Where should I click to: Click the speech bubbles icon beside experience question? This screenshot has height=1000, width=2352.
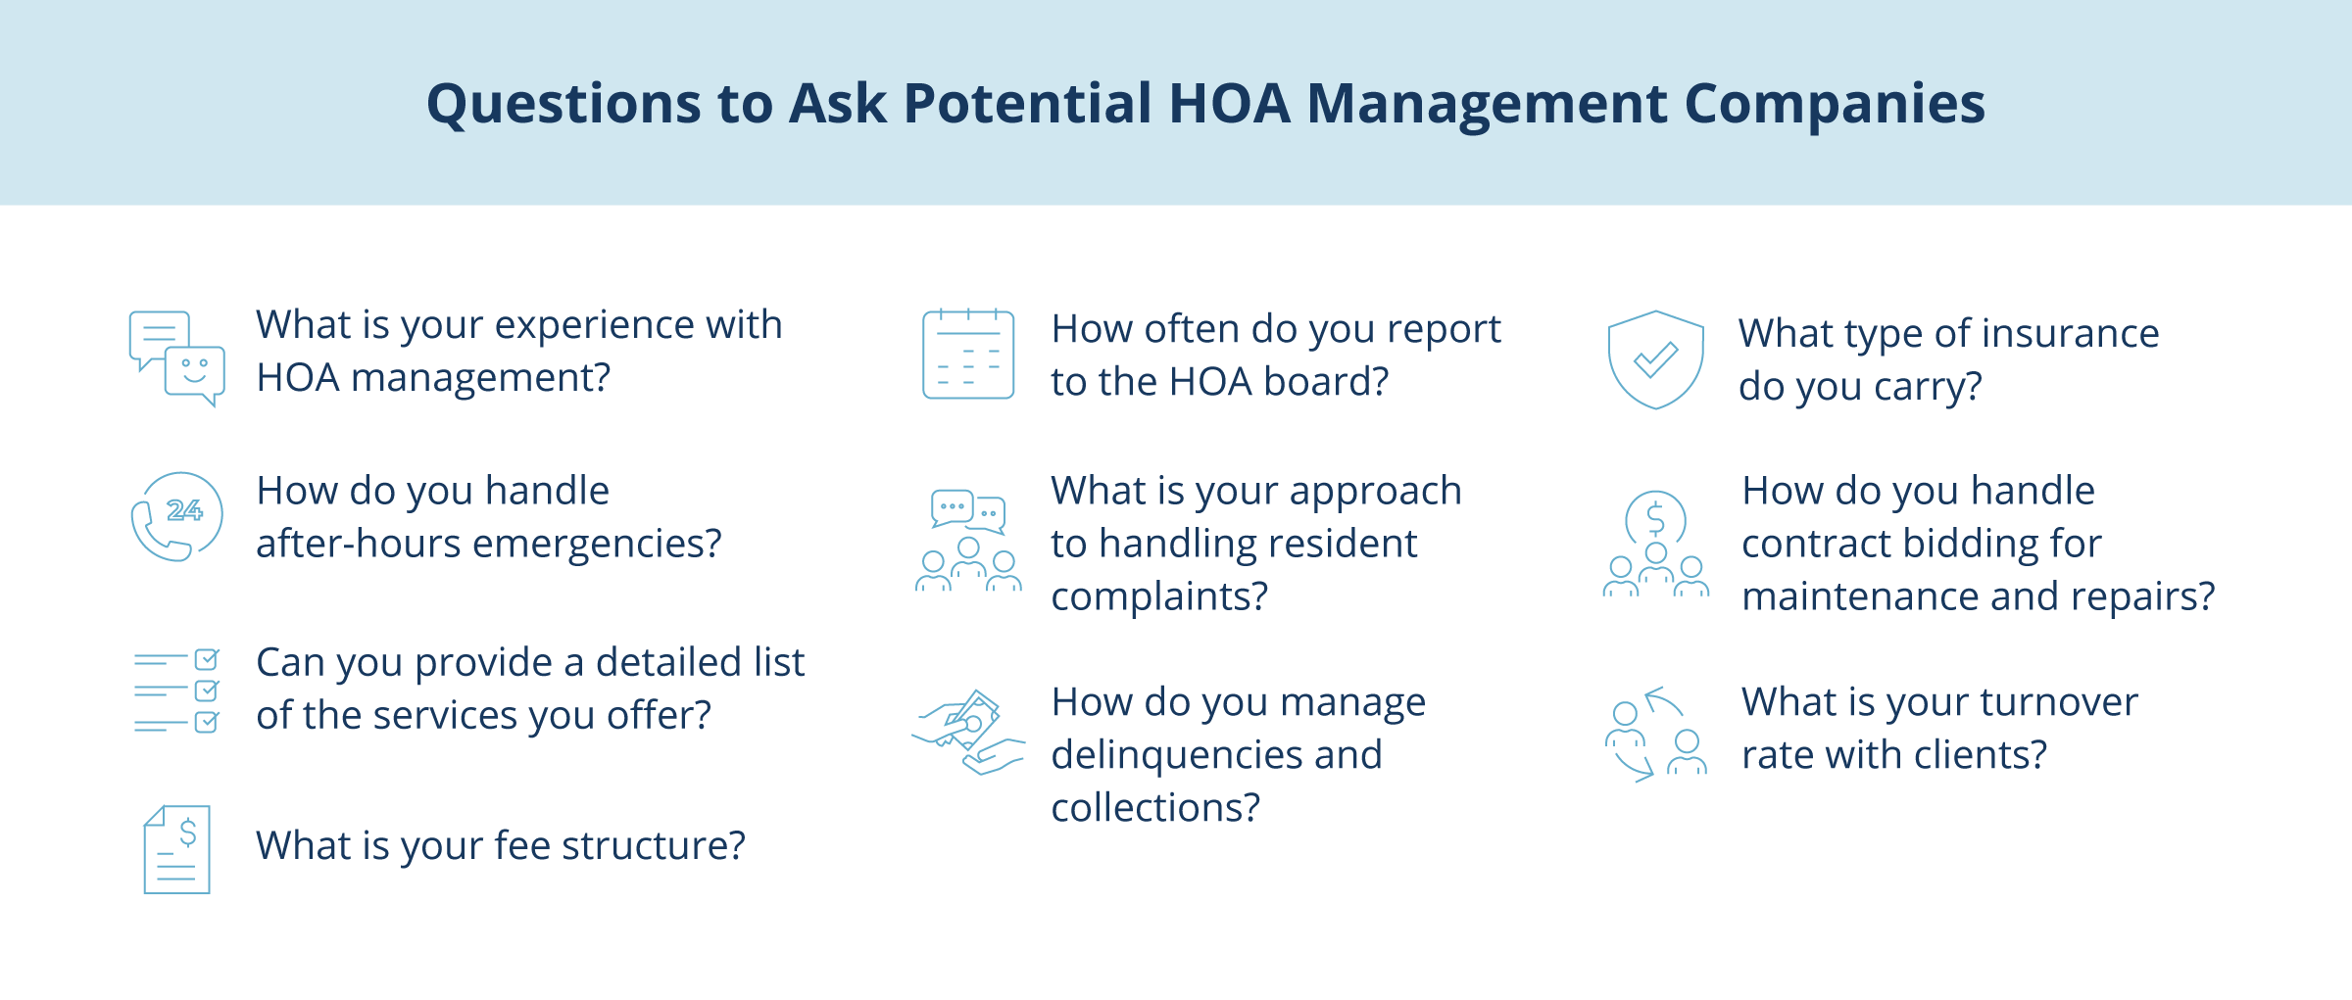tap(176, 358)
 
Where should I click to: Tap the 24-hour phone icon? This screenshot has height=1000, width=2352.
tap(176, 516)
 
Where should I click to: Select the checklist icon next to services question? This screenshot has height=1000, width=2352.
tap(176, 690)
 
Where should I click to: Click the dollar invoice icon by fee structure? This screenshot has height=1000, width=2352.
tap(176, 849)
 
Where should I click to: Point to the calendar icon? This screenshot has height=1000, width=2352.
tap(968, 355)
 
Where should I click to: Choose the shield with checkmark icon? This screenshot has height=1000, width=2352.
tap(1655, 359)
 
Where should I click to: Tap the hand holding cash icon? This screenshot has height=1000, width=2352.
tap(968, 733)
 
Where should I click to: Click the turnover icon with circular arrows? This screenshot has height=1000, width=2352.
tap(1655, 735)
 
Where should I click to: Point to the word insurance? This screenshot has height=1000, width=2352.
tap(2052, 334)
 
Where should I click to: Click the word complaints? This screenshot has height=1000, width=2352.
tap(1159, 596)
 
